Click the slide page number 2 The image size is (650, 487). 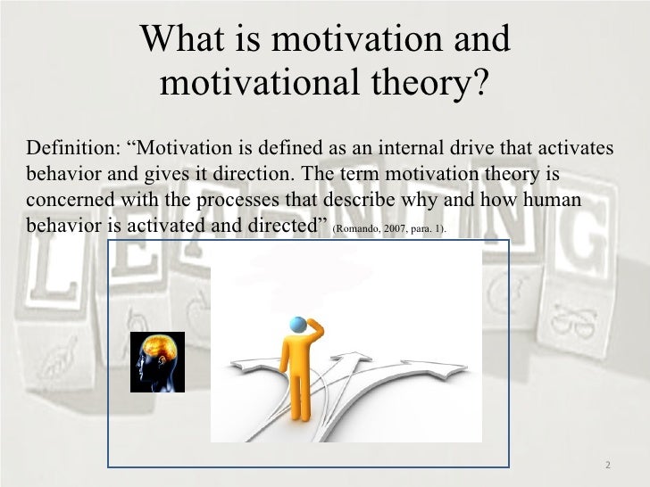pos(607,465)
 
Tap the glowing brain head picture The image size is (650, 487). pos(157,362)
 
